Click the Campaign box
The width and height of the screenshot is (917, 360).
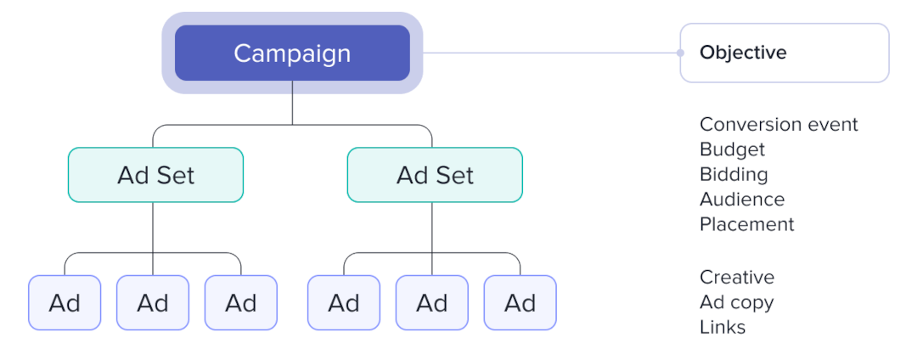point(292,53)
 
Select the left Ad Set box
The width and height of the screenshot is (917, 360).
point(155,175)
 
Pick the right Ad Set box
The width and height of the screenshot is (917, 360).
point(435,175)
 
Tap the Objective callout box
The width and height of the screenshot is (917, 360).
point(784,53)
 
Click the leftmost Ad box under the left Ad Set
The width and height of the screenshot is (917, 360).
point(65,302)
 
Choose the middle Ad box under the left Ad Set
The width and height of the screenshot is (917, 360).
point(153,302)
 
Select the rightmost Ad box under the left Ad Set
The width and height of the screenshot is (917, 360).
point(241,302)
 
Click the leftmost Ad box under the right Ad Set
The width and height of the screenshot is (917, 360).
point(344,302)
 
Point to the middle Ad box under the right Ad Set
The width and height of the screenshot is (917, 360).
point(432,302)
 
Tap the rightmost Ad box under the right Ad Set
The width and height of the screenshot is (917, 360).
point(520,302)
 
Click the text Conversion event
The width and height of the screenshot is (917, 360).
point(779,125)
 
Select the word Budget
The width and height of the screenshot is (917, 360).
point(732,149)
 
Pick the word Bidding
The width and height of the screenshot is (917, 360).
point(734,174)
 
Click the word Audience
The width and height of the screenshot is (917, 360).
point(742,200)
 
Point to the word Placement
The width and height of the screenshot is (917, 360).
point(747,224)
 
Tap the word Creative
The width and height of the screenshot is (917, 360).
point(737,278)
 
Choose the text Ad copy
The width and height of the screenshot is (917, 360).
point(736,302)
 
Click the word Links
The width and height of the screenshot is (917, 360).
point(723,327)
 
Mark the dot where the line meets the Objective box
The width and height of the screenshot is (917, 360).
point(680,53)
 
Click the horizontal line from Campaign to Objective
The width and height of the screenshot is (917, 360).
point(552,53)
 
